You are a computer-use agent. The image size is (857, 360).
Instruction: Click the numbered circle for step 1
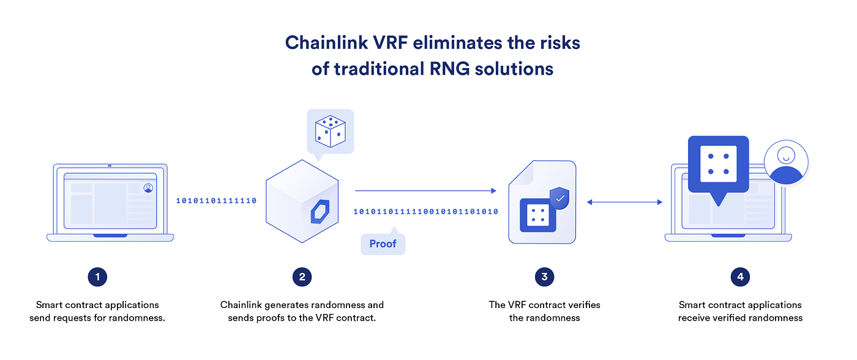coord(97,277)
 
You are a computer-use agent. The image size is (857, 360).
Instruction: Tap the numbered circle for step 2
coord(302,277)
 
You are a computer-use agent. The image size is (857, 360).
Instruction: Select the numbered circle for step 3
coord(544,277)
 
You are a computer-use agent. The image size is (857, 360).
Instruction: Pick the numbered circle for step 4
coord(740,277)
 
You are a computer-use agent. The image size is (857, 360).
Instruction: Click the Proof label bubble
coord(383,244)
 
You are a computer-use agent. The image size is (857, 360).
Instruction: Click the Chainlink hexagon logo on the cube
coord(321,212)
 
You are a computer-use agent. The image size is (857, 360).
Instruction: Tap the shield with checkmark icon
coord(559,198)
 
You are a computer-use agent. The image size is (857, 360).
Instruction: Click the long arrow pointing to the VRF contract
coord(425,191)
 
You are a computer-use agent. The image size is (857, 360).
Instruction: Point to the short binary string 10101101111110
coord(217,201)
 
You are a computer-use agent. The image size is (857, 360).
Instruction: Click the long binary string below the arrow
coord(425,212)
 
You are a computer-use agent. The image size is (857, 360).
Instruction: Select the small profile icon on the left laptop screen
coord(148,188)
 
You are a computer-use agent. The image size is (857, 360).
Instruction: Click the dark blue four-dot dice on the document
coord(538,215)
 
